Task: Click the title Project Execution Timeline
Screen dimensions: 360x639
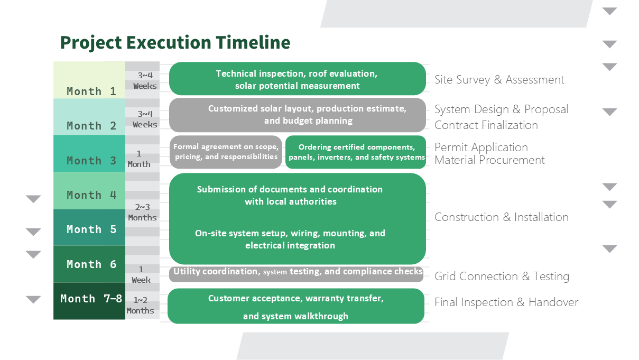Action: point(175,42)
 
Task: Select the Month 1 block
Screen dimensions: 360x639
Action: point(89,80)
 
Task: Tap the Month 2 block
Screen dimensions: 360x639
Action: point(89,117)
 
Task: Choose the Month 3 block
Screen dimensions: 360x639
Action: point(89,153)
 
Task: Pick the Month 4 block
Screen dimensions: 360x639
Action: point(89,190)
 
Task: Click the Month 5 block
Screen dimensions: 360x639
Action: point(89,228)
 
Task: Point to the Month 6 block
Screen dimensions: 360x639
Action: point(89,264)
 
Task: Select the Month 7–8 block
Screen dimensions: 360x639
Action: point(89,301)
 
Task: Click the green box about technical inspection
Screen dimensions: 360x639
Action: point(297,79)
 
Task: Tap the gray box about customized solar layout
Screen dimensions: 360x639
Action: point(297,115)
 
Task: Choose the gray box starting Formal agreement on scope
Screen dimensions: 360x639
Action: point(226,152)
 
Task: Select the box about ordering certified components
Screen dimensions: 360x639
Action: point(356,152)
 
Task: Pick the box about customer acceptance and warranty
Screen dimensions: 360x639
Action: point(296,306)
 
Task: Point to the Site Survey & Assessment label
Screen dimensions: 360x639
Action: point(499,80)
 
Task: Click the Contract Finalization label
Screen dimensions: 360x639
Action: point(486,125)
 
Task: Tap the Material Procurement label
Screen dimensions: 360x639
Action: point(489,160)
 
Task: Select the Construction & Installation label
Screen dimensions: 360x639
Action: point(501,217)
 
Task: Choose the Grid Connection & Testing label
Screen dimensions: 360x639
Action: point(501,276)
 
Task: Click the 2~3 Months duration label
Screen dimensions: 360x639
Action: point(142,213)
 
